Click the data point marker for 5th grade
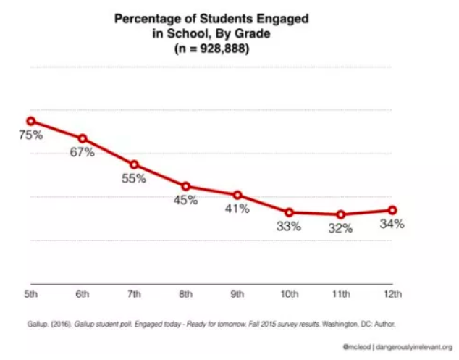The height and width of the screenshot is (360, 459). (31, 121)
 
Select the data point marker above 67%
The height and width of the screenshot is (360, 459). (83, 138)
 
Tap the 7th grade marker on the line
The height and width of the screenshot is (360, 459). (134, 164)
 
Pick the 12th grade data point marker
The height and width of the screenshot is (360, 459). (392, 210)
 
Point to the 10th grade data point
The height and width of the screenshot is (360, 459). (289, 212)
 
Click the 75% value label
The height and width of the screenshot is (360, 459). (31, 135)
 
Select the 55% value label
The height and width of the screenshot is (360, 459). (134, 179)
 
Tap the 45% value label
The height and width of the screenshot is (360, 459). (185, 201)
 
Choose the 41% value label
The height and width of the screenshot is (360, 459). (237, 209)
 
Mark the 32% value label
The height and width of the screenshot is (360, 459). (340, 229)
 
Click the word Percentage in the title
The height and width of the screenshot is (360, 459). (148, 19)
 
